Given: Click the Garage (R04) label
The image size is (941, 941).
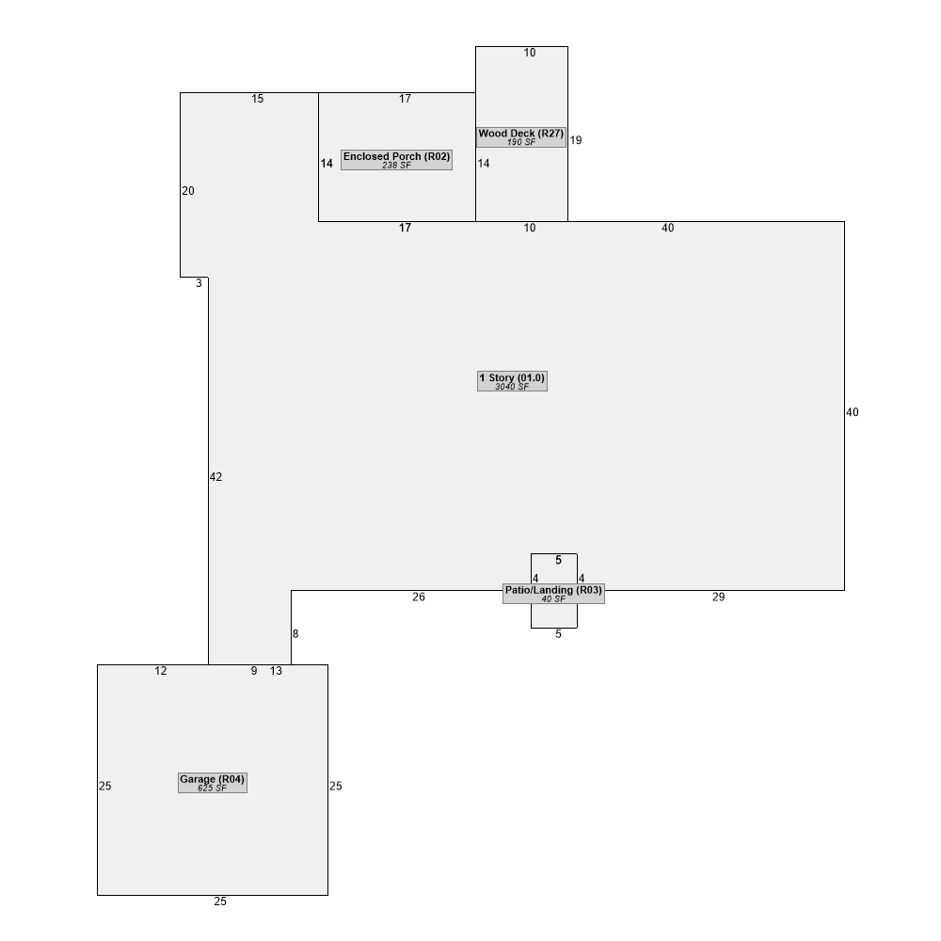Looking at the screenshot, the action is (213, 783).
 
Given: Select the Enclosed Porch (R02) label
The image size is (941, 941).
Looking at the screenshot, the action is (397, 160).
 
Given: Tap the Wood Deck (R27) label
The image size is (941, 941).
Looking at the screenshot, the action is (521, 136).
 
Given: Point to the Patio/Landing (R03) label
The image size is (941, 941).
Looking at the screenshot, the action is (553, 594).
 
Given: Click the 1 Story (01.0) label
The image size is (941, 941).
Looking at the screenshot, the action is (512, 381).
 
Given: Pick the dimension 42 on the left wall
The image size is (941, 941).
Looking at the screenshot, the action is (216, 477).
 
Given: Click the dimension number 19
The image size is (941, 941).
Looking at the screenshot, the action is (576, 140).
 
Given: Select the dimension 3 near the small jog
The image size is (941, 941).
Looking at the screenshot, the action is (199, 283).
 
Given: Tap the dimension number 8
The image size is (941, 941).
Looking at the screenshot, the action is (295, 633).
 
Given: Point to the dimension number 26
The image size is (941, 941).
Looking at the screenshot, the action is (419, 598).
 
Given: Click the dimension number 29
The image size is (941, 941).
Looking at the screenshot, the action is (718, 598).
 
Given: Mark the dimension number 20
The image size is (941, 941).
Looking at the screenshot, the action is (188, 191).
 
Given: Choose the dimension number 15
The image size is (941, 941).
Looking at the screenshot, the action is (258, 99).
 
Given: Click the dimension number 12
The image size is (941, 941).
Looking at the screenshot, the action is (161, 671).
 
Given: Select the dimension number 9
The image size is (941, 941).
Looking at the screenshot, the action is (254, 671).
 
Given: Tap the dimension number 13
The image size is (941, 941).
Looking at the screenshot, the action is (276, 671).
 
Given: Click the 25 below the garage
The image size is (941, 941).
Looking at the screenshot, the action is (220, 901).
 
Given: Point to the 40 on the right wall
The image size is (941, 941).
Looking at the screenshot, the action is (853, 412).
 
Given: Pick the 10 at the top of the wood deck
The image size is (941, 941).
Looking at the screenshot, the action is (529, 53).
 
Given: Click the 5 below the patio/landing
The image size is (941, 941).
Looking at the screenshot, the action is (558, 634).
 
